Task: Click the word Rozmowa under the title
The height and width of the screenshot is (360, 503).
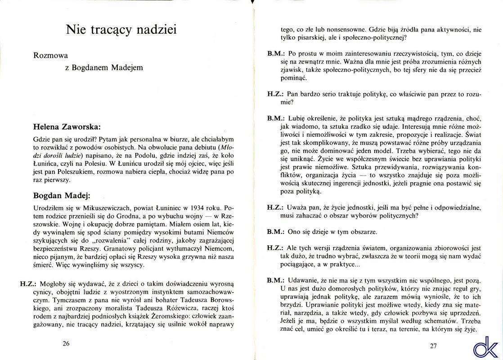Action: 50,56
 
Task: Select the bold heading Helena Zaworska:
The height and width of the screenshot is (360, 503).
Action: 67,127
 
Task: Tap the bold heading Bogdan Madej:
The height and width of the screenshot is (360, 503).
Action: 62,196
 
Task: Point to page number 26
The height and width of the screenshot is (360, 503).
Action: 66,344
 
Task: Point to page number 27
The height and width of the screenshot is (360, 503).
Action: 433,346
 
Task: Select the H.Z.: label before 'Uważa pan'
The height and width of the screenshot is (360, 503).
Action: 275,207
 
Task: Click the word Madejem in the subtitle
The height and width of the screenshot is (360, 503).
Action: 126,67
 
